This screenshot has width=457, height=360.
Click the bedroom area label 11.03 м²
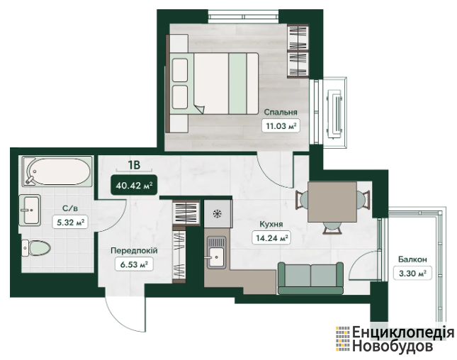point(281,126)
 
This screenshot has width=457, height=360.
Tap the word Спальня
point(281,112)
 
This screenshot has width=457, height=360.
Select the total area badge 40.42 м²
point(134,185)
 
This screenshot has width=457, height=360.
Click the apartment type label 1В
point(134,165)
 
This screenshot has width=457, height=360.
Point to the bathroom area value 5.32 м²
point(70,223)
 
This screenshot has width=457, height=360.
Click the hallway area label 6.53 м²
point(134,264)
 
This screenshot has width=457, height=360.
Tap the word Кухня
point(271,224)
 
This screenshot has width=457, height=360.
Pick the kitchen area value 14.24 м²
point(271,238)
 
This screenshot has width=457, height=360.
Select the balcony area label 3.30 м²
point(412,273)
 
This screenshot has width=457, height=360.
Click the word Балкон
point(412,259)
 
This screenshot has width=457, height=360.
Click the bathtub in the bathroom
point(57,171)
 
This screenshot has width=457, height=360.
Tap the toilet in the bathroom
point(36,248)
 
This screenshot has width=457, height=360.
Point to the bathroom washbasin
point(30,210)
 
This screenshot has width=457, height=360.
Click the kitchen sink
point(216,252)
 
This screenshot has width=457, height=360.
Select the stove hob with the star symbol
point(218,214)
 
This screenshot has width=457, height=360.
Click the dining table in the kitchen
point(332,202)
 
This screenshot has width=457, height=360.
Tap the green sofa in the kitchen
point(311,278)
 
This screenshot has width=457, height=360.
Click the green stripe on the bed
point(237,84)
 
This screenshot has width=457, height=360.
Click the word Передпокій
point(134,250)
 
